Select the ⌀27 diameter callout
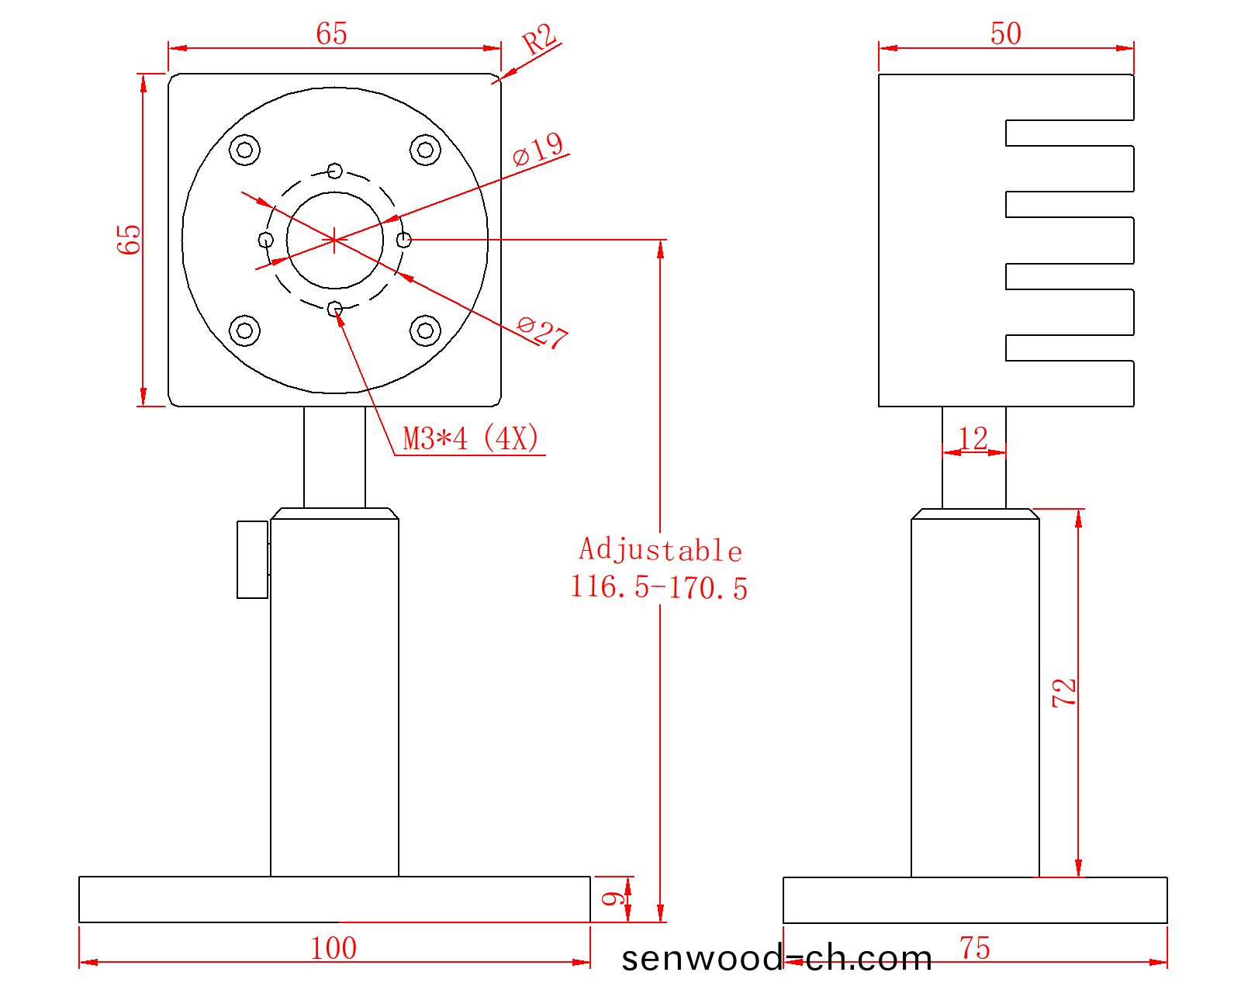(x=542, y=332)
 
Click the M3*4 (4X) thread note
(x=470, y=438)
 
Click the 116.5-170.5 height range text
(x=659, y=587)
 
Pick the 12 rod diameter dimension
(x=973, y=438)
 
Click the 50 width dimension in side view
(x=1006, y=33)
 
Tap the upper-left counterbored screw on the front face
(x=244, y=150)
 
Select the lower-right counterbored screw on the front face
(x=426, y=330)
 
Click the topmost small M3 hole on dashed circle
(x=335, y=171)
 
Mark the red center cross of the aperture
(x=334, y=240)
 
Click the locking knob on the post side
(x=253, y=559)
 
